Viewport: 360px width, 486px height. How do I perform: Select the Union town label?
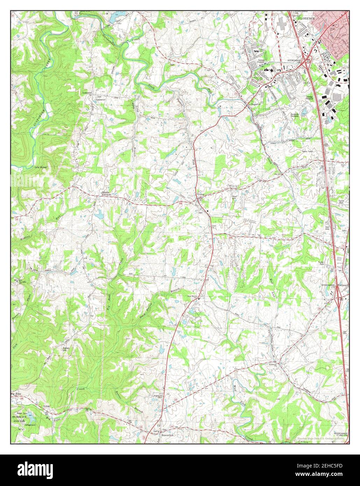click(200, 194)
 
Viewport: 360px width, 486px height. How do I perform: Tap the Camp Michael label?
click(40, 167)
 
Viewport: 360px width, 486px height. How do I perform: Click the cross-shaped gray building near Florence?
click(282, 24)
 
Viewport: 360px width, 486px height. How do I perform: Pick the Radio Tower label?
click(310, 151)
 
